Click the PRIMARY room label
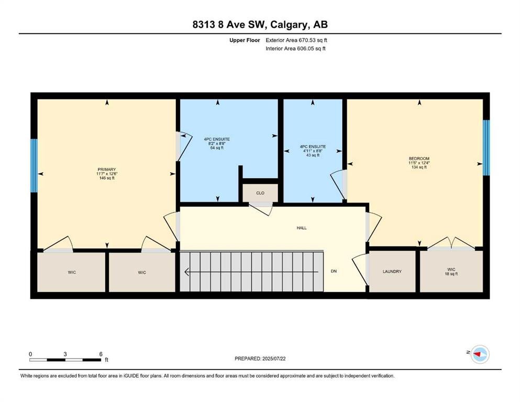[106, 170]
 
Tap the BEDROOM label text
[419, 159]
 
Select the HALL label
[302, 228]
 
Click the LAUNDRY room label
[392, 272]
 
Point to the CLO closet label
[260, 193]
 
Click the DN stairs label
[334, 271]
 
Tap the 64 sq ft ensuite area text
[217, 148]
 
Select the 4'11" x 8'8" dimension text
[313, 151]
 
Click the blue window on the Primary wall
[34, 165]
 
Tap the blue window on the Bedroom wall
[486, 148]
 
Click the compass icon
[480, 354]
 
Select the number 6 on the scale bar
[101, 354]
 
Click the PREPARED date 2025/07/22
[274, 359]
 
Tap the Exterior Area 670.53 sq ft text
[296, 40]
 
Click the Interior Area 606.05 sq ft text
[295, 48]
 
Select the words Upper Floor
[245, 40]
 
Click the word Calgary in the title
[288, 25]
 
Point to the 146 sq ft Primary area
[107, 178]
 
